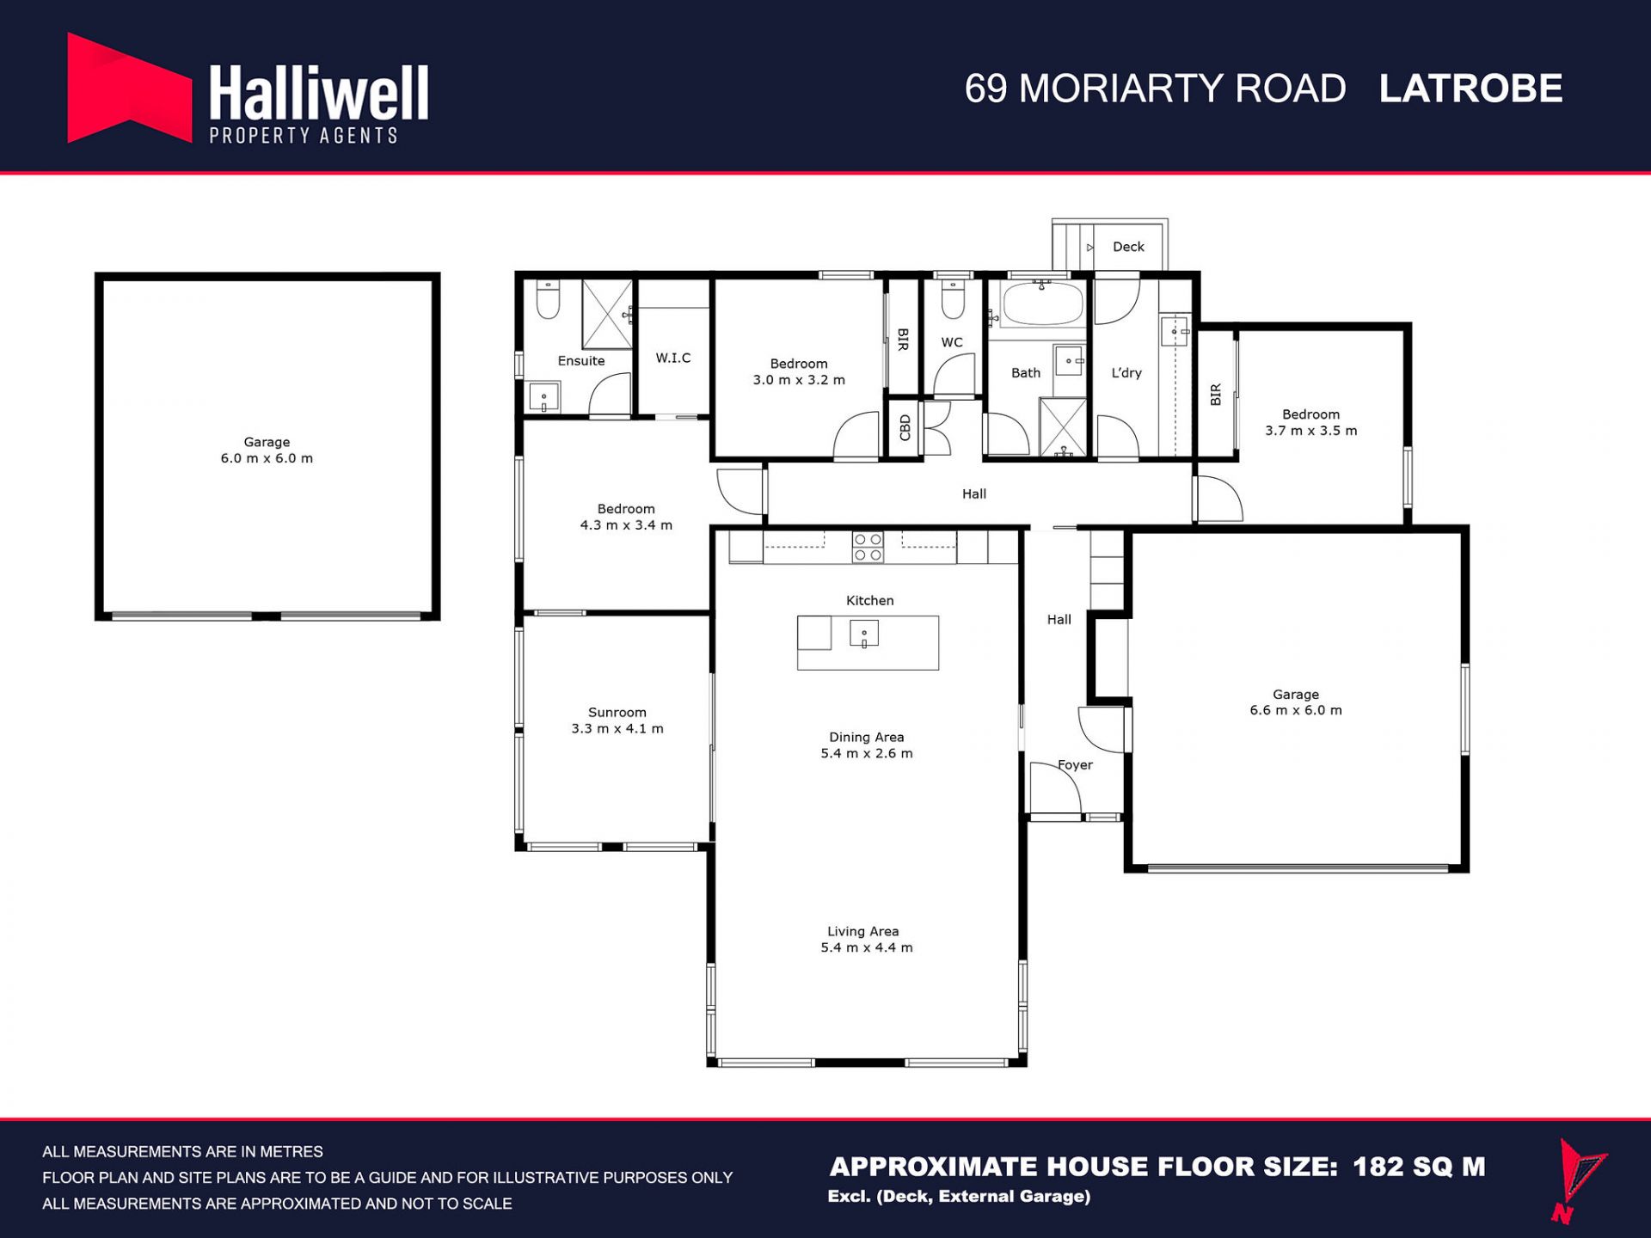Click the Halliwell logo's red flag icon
(129, 88)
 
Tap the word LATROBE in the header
(1470, 89)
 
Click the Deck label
(1128, 247)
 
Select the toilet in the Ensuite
(548, 297)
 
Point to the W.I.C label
(673, 358)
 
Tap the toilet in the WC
(953, 297)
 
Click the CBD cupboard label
(905, 427)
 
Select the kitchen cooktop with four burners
(868, 547)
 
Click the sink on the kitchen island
(864, 634)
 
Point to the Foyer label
(1075, 764)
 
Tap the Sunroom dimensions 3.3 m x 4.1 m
(617, 728)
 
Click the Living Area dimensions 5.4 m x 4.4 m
(867, 947)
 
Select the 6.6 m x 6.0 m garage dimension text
(1296, 710)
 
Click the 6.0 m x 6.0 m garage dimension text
(267, 458)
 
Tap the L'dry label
(1126, 372)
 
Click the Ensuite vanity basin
(543, 398)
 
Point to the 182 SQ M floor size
(1419, 1167)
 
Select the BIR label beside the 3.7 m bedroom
(1216, 395)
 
